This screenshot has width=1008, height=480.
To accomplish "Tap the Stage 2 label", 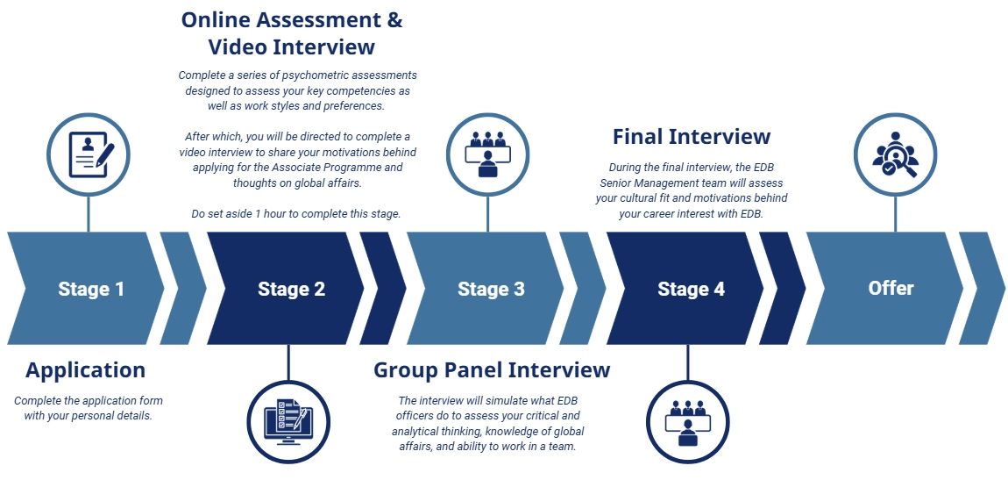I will pyautogui.click(x=291, y=289).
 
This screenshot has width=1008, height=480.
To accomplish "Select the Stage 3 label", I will pyautogui.click(x=491, y=289).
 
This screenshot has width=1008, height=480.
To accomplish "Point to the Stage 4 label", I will pyautogui.click(x=691, y=289).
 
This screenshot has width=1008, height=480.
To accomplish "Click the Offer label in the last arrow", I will pyautogui.click(x=891, y=288).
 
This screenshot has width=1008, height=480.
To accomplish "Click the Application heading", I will pyautogui.click(x=86, y=370).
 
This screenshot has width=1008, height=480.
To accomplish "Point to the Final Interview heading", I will pyautogui.click(x=692, y=137).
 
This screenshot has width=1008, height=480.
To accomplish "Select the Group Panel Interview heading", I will pyautogui.click(x=492, y=370).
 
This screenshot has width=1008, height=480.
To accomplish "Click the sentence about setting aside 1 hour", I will pyautogui.click(x=297, y=214).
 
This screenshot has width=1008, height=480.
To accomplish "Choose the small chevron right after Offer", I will pyautogui.click(x=983, y=288).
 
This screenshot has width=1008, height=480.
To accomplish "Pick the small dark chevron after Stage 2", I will pyautogui.click(x=384, y=288).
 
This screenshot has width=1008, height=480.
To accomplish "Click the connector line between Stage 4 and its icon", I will pyautogui.click(x=688, y=366).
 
